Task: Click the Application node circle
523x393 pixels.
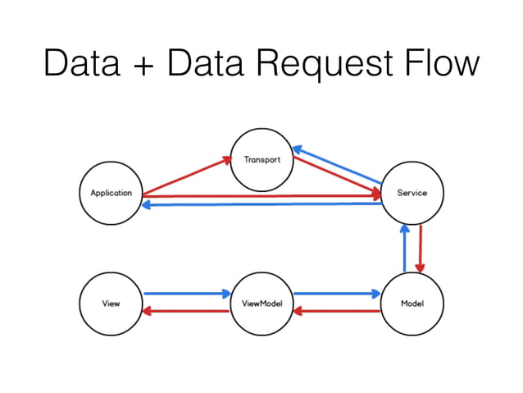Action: click(111, 193)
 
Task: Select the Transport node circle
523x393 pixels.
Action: click(261, 159)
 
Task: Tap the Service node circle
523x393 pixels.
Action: click(412, 193)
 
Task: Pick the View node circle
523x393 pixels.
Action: click(111, 304)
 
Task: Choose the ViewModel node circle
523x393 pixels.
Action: click(261, 304)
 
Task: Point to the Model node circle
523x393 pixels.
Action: click(412, 304)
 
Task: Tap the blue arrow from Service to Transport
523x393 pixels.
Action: click(338, 164)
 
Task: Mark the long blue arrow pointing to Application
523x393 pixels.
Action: click(262, 204)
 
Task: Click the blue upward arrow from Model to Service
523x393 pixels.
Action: click(403, 249)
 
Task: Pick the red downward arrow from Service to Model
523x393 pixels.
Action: click(421, 249)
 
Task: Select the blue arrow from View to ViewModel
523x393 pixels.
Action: click(186, 293)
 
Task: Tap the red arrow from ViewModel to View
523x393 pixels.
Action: click(186, 311)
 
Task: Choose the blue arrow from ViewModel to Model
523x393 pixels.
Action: click(337, 293)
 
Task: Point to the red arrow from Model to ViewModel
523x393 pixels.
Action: click(337, 311)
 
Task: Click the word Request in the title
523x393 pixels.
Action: click(334, 64)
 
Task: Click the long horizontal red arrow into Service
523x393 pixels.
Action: click(262, 196)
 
